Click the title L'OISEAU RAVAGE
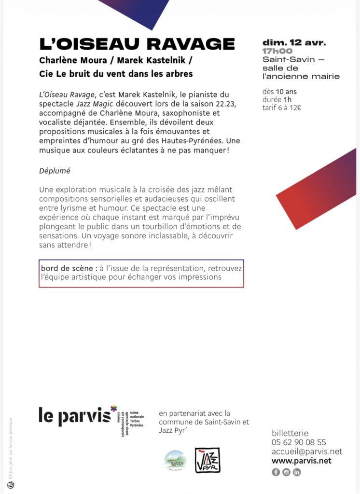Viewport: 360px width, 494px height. pos(137,44)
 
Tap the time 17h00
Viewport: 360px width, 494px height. pos(277,51)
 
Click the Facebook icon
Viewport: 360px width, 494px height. pos(276,472)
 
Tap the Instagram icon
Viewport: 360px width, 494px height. pos(286,472)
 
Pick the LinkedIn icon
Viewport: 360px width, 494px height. pos(297,472)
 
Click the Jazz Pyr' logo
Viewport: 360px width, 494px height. pos(208,460)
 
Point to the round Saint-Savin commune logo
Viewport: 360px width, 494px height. pos(175,460)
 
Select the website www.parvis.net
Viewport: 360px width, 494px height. pos(302,461)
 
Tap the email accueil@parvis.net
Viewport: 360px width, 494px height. pos(307,452)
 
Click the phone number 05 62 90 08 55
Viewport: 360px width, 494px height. pos(299,442)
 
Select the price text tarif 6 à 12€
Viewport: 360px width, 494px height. pos(282,108)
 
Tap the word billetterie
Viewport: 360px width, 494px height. pos(290,433)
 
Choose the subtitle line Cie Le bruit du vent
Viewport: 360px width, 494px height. pos(116,74)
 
